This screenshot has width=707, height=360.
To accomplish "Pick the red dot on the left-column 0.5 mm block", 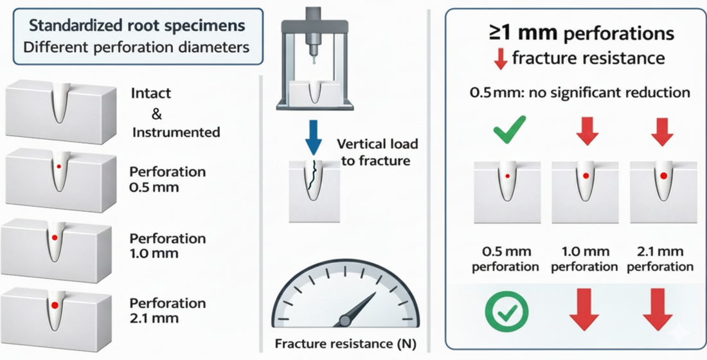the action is click(59, 166).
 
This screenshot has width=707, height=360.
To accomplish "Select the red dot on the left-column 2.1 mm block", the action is click(55, 305).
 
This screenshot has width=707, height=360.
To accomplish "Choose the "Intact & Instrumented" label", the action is click(175, 113).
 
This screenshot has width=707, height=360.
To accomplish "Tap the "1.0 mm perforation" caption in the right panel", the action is click(585, 258).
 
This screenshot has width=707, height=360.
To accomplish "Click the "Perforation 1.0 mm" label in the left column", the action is click(167, 246).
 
